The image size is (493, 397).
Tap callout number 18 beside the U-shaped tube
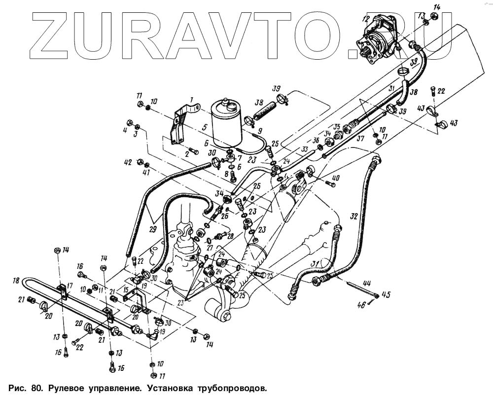point(16,281)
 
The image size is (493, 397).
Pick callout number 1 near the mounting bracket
point(192,100)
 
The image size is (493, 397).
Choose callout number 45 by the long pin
point(386,295)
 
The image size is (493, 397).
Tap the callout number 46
point(362,306)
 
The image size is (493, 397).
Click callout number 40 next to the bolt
point(336,178)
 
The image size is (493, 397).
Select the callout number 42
point(128,161)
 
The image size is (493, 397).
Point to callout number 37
point(360,140)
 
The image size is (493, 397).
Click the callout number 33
point(304,148)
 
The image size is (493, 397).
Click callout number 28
point(230,236)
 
